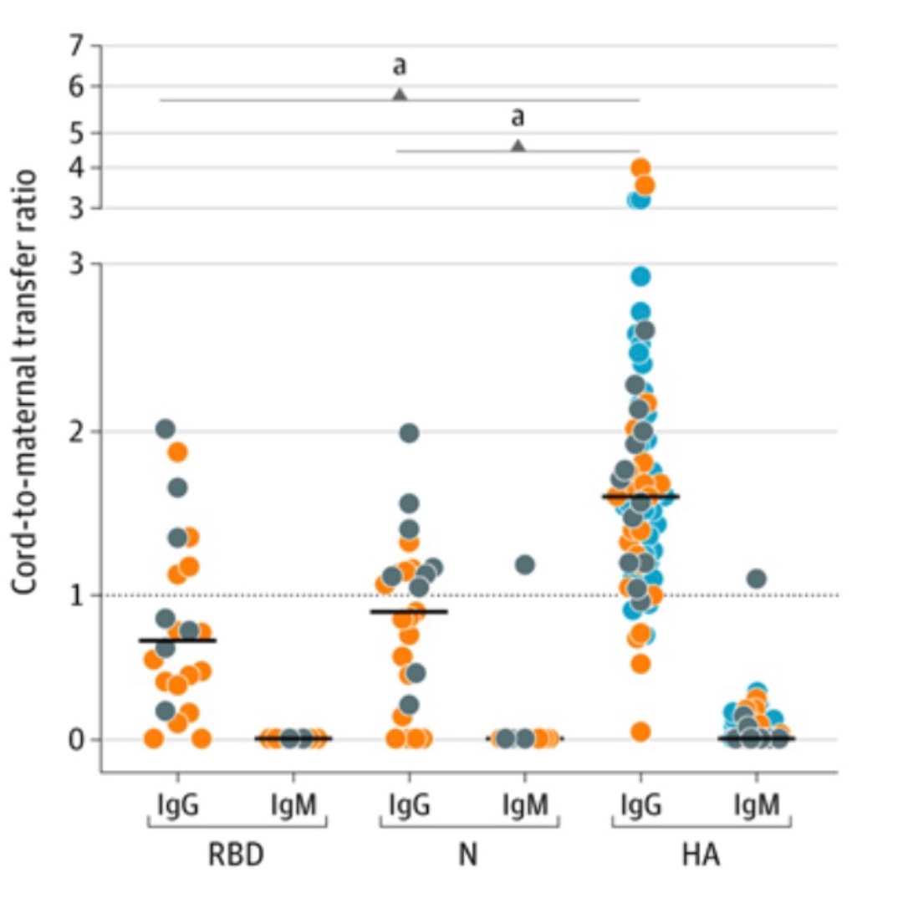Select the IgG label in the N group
coord(409,806)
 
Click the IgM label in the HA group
coord(756,806)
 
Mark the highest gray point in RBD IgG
coord(165,429)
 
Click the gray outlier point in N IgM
coord(525,564)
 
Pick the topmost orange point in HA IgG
coord(640,167)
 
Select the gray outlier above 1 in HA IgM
coord(756,579)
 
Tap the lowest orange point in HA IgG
coord(640,732)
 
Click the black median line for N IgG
coord(409,611)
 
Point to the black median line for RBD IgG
coord(177,640)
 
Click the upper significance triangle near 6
coord(400,94)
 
